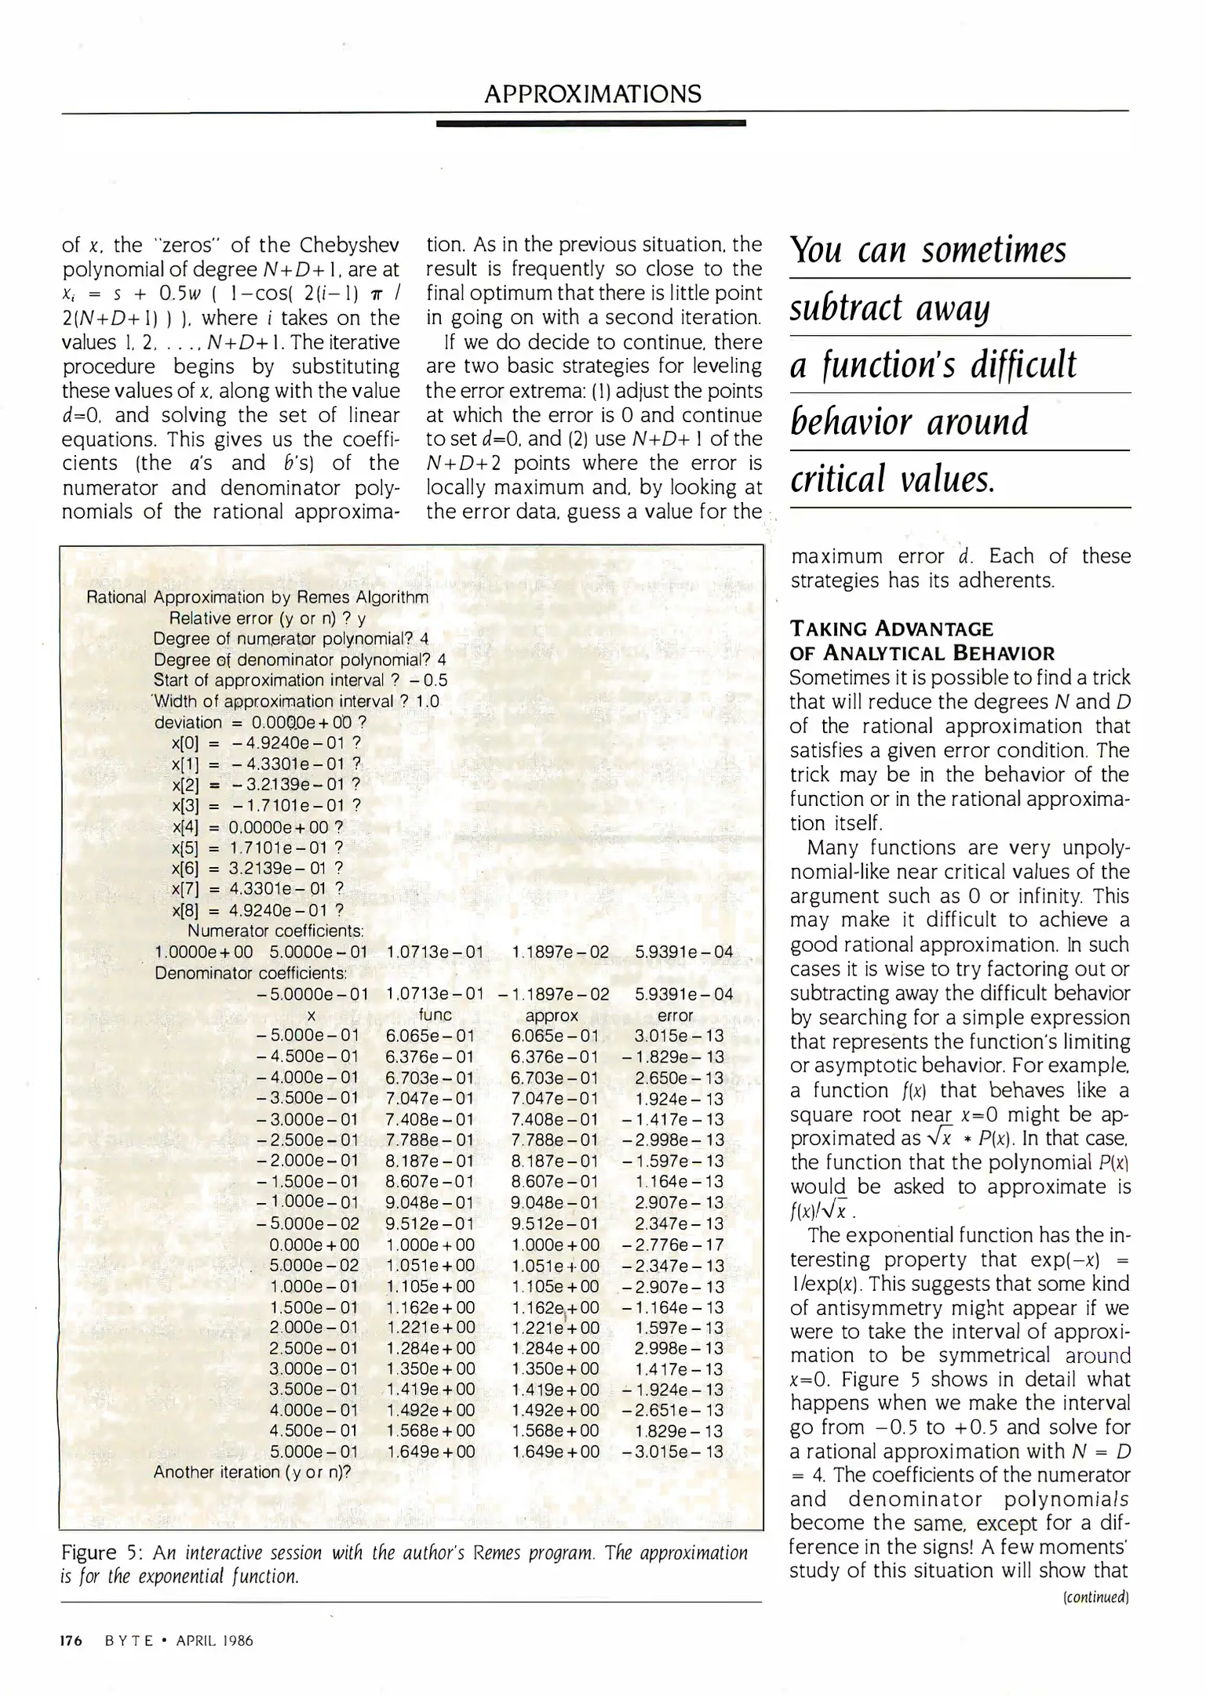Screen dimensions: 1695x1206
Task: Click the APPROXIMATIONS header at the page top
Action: click(592, 95)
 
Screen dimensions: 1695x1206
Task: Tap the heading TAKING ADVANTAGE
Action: click(891, 629)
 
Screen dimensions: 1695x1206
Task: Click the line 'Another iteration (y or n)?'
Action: click(252, 1473)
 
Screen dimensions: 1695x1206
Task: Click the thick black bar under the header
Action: click(590, 123)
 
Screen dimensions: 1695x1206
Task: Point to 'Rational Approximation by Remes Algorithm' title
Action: click(257, 597)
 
